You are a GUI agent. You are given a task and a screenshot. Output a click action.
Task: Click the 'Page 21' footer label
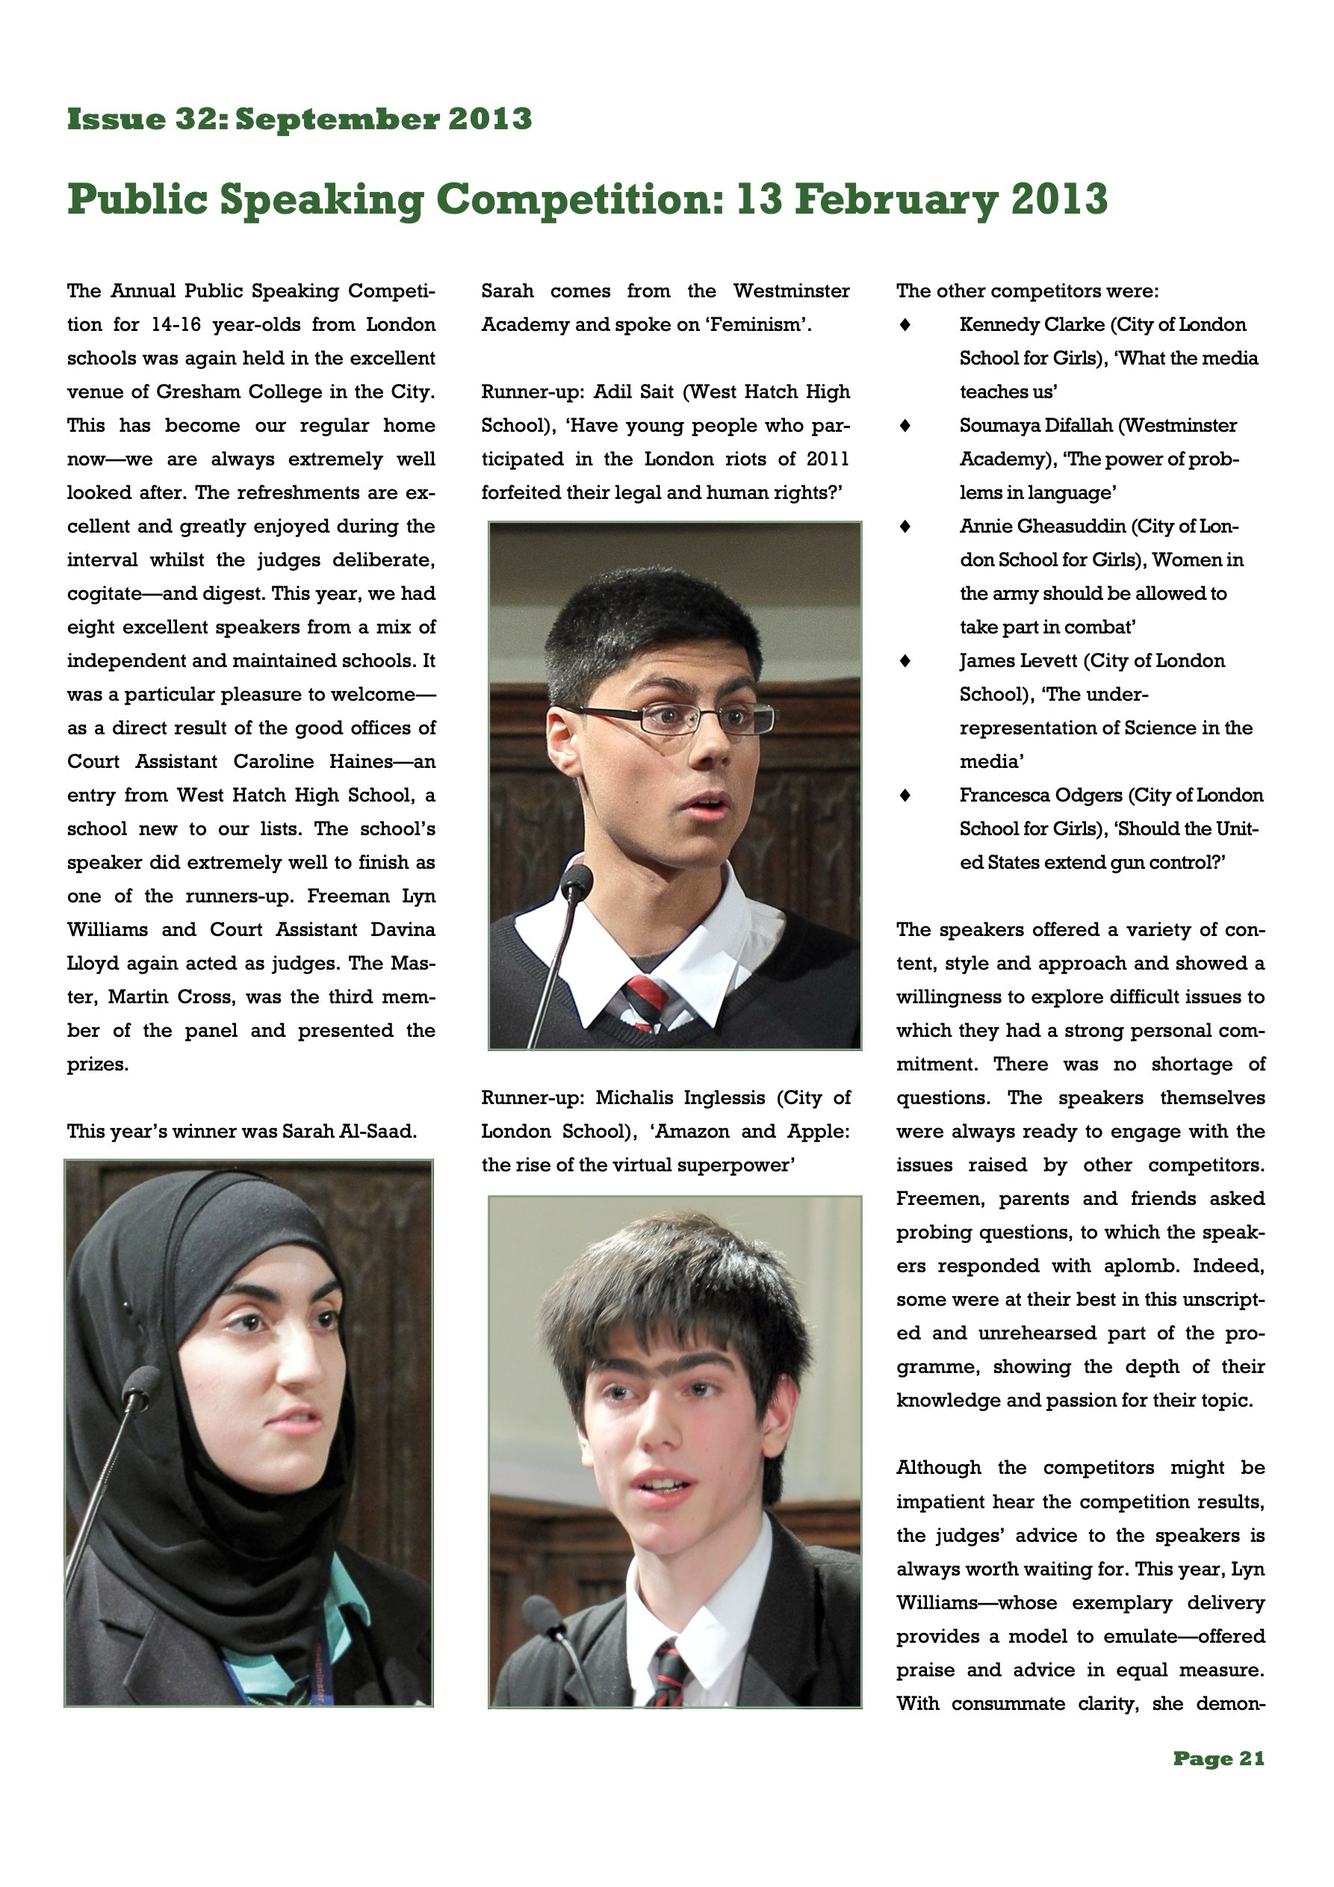click(x=1218, y=1758)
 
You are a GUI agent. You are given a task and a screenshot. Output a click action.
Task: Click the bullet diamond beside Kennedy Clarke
click(x=905, y=325)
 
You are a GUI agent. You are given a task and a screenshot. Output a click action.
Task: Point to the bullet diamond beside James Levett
click(x=905, y=661)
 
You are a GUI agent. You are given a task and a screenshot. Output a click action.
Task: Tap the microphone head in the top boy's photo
click(x=578, y=880)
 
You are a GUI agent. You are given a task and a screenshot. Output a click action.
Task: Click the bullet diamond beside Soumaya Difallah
click(x=905, y=426)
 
